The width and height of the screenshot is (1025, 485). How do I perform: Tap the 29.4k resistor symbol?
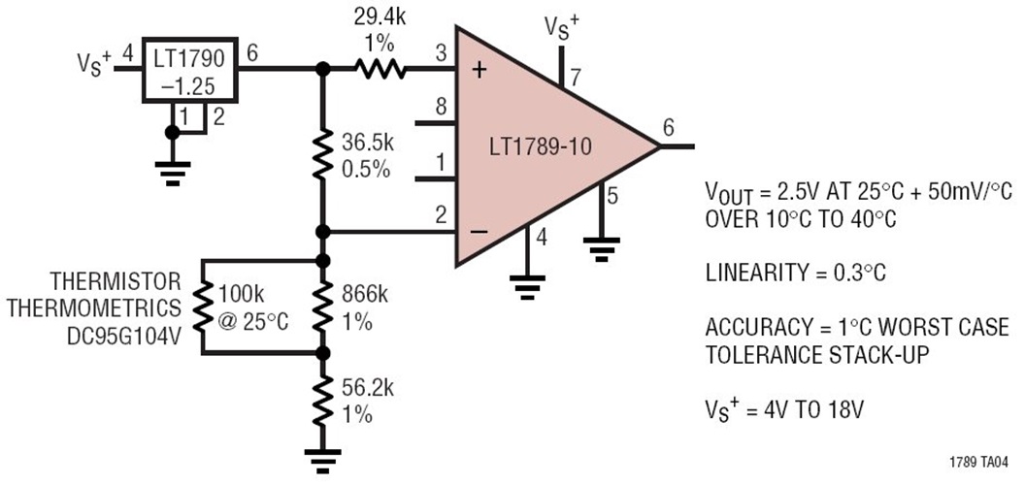tap(379, 69)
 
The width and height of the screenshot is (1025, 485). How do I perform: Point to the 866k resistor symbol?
tap(322, 307)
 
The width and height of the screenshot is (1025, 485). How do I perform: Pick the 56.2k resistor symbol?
tap(322, 399)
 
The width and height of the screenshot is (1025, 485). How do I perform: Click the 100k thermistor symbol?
tap(202, 307)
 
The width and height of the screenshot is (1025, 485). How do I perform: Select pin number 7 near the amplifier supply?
tap(577, 77)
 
